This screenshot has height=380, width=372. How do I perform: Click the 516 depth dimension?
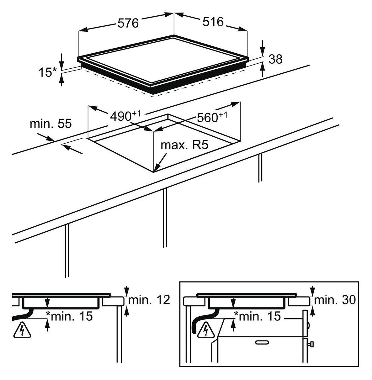[x=213, y=22]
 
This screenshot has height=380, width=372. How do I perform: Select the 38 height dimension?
[x=275, y=59]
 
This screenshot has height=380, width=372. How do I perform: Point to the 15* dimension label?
[x=48, y=72]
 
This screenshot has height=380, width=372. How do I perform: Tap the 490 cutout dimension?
[x=125, y=116]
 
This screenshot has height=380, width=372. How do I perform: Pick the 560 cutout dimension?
[x=212, y=117]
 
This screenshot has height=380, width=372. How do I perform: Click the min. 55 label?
[x=51, y=124]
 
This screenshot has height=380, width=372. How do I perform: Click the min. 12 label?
[x=149, y=300]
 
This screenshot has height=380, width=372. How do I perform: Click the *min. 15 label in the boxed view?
[x=257, y=316]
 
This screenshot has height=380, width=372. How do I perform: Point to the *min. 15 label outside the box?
[x=69, y=316]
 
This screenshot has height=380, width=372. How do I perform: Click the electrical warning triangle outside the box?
[x=22, y=330]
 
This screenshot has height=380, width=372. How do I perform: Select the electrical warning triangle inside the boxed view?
[x=206, y=330]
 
